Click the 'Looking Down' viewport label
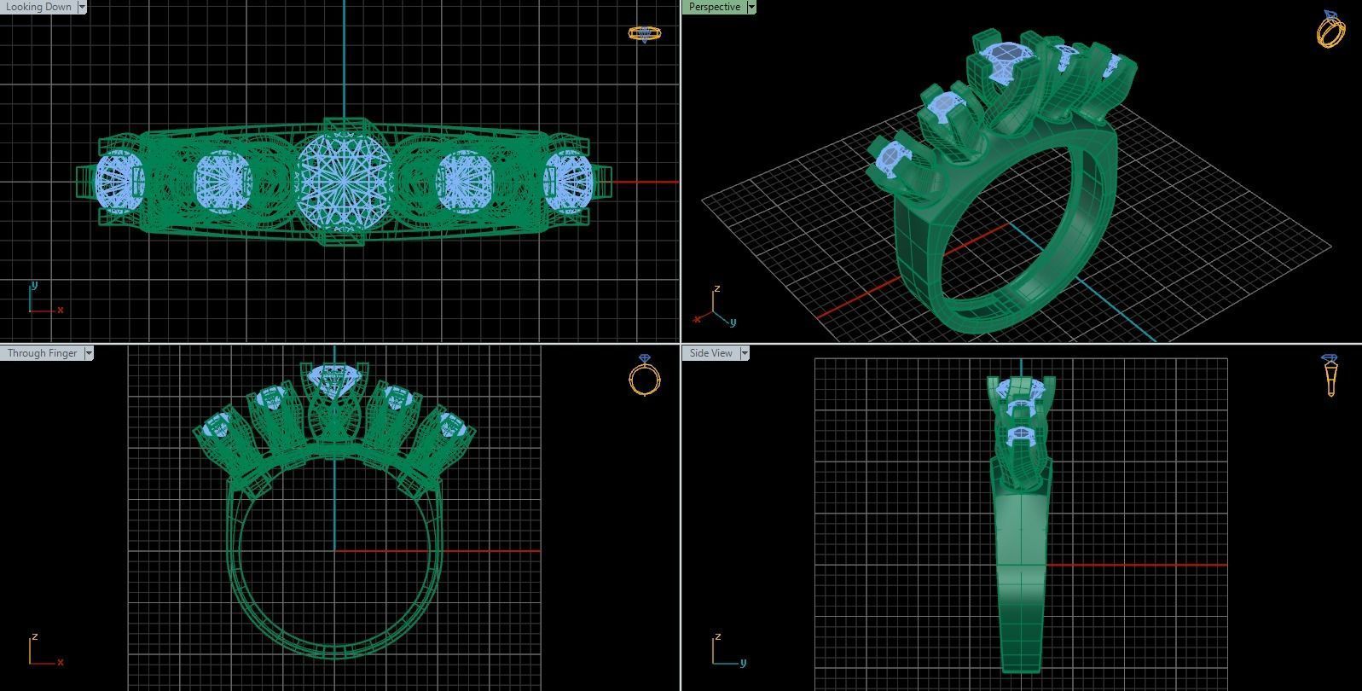tap(38, 7)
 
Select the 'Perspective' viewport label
tap(714, 7)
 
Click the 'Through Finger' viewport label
tap(42, 353)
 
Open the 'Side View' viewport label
tap(710, 353)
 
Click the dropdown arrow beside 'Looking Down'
tap(82, 7)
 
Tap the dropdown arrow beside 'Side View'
tap(745, 353)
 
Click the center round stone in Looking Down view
tap(344, 181)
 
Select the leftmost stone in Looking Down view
tap(119, 181)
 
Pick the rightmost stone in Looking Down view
tap(567, 181)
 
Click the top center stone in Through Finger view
tap(334, 376)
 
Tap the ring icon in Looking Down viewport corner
tap(644, 33)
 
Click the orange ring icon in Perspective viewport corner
tap(1331, 30)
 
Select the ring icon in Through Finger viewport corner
tap(645, 375)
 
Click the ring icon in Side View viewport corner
tap(1330, 375)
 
